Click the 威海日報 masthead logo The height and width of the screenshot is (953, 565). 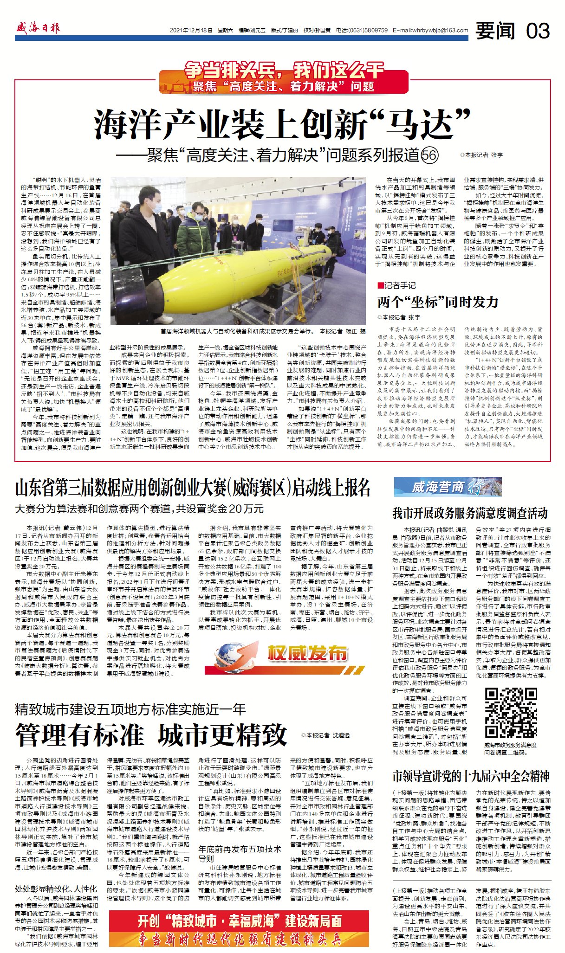pos(38,28)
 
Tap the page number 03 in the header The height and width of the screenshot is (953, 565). pos(538,31)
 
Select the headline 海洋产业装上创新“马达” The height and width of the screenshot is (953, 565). pos(282,124)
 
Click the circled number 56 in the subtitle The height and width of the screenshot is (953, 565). pos(429,155)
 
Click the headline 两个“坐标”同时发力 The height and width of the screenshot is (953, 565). pos(438,302)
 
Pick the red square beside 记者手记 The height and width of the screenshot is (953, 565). pos(381,285)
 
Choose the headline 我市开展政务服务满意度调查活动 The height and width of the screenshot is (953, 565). pos(470,513)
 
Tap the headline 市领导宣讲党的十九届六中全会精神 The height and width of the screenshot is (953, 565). pos(471,775)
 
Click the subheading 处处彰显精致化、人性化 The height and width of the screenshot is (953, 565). pos(56,889)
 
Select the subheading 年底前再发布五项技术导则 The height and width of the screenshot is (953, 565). pos(240,854)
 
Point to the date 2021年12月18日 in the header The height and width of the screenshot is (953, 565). pos(191,30)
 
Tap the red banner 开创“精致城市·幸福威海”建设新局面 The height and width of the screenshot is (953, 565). pos(240,921)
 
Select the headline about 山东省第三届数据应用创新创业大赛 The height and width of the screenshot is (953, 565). pos(193,488)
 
